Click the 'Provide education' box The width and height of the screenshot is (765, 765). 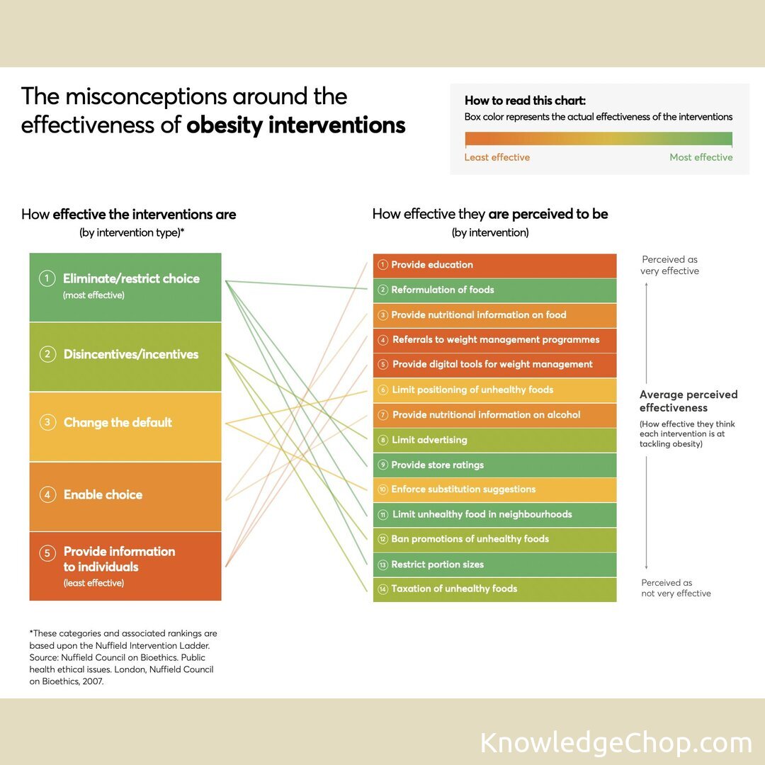pyautogui.click(x=494, y=265)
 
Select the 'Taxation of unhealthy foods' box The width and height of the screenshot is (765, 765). pyautogui.click(x=494, y=589)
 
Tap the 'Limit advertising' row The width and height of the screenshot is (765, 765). pyautogui.click(x=494, y=440)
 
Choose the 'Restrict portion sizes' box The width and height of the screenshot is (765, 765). pyautogui.click(x=494, y=565)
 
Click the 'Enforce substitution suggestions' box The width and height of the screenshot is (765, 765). pyautogui.click(x=494, y=489)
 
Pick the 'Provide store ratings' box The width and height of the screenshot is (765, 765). pyautogui.click(x=494, y=465)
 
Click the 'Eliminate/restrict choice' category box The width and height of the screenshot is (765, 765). pyautogui.click(x=125, y=286)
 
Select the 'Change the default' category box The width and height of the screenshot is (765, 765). pyautogui.click(x=125, y=426)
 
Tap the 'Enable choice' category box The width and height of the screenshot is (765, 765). pyautogui.click(x=125, y=496)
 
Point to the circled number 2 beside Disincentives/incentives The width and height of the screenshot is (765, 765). pyautogui.click(x=47, y=354)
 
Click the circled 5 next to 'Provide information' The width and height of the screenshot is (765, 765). pyautogui.click(x=47, y=552)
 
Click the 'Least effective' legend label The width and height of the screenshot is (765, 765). pyautogui.click(x=497, y=157)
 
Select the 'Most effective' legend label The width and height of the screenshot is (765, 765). pyautogui.click(x=701, y=157)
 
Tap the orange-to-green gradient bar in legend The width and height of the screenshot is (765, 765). pyautogui.click(x=599, y=139)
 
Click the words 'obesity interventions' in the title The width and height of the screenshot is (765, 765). pyautogui.click(x=295, y=125)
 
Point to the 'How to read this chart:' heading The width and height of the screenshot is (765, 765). pyautogui.click(x=525, y=101)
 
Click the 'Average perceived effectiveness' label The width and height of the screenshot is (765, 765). pyautogui.click(x=688, y=401)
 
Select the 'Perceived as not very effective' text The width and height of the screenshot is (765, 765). pyautogui.click(x=676, y=588)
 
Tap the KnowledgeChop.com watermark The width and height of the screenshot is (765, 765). pyautogui.click(x=616, y=743)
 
